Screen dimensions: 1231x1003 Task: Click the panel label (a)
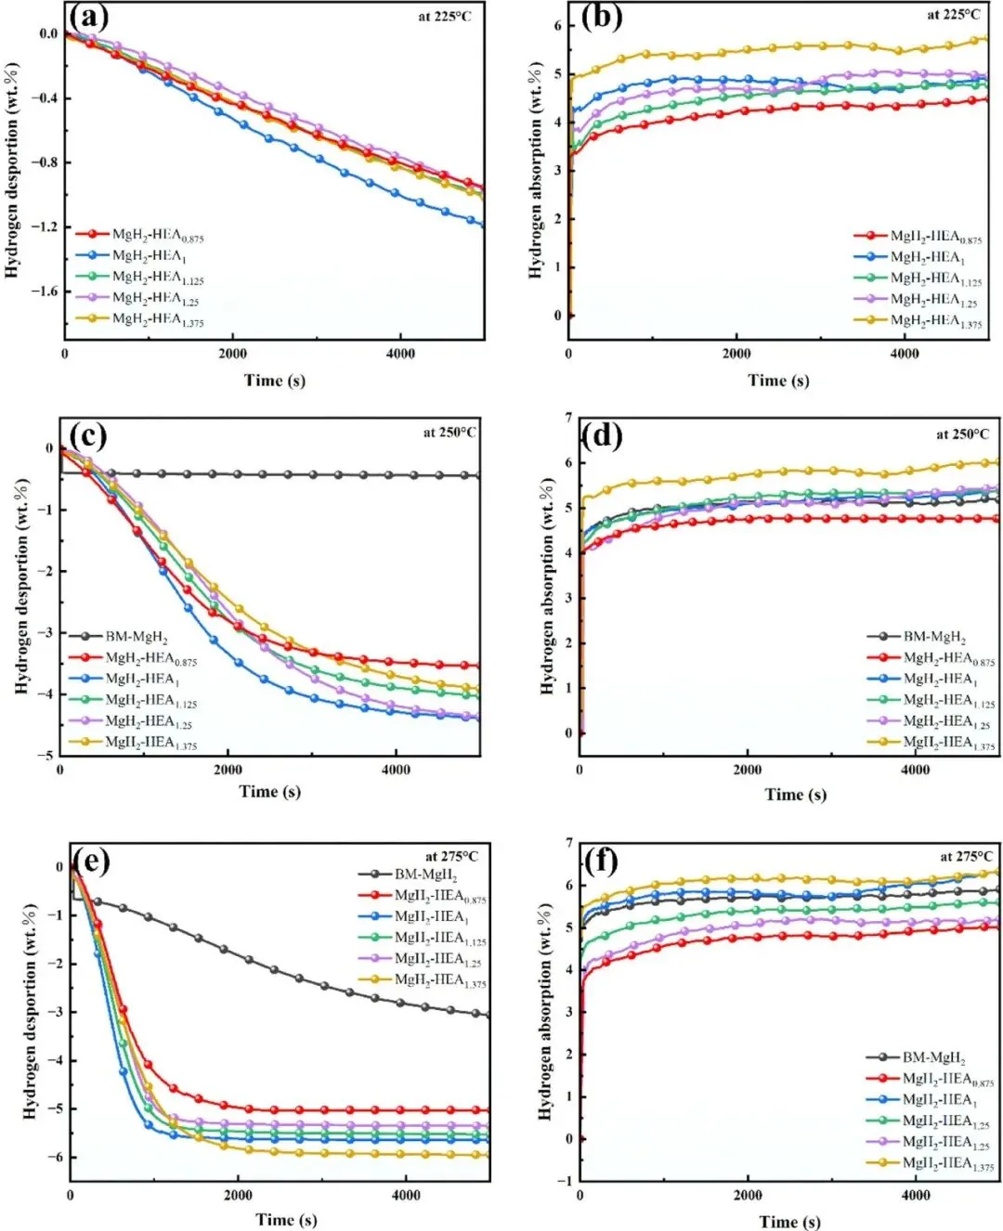click(89, 18)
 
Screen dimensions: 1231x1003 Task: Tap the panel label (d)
click(602, 434)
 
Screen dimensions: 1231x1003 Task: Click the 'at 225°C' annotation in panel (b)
click(953, 15)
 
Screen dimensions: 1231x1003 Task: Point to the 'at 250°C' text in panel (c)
click(450, 433)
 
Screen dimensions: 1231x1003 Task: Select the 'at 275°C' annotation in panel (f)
click(967, 856)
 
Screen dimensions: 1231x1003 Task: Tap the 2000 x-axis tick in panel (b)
click(736, 353)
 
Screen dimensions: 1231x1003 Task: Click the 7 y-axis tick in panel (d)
click(568, 418)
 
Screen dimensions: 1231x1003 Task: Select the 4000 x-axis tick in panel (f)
click(915, 1194)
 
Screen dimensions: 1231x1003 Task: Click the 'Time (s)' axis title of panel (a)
click(274, 380)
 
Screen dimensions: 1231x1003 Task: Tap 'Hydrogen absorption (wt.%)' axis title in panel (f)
click(546, 1011)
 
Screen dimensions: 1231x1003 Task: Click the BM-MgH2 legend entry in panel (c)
click(136, 637)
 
